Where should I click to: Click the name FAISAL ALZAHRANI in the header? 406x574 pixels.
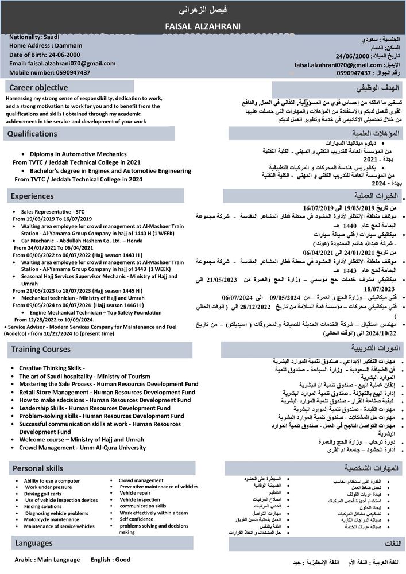point(203,26)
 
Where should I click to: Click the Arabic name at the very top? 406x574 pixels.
point(203,10)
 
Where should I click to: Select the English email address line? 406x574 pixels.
point(63,64)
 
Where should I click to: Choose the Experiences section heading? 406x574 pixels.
point(33,196)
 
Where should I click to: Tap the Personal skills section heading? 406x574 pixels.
point(37,468)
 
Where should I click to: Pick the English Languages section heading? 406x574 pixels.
point(34,542)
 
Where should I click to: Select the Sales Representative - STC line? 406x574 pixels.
point(52,212)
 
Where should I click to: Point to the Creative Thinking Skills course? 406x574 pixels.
point(52,368)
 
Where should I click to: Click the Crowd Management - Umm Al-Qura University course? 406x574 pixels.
point(82,447)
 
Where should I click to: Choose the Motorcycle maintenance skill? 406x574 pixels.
point(51,519)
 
